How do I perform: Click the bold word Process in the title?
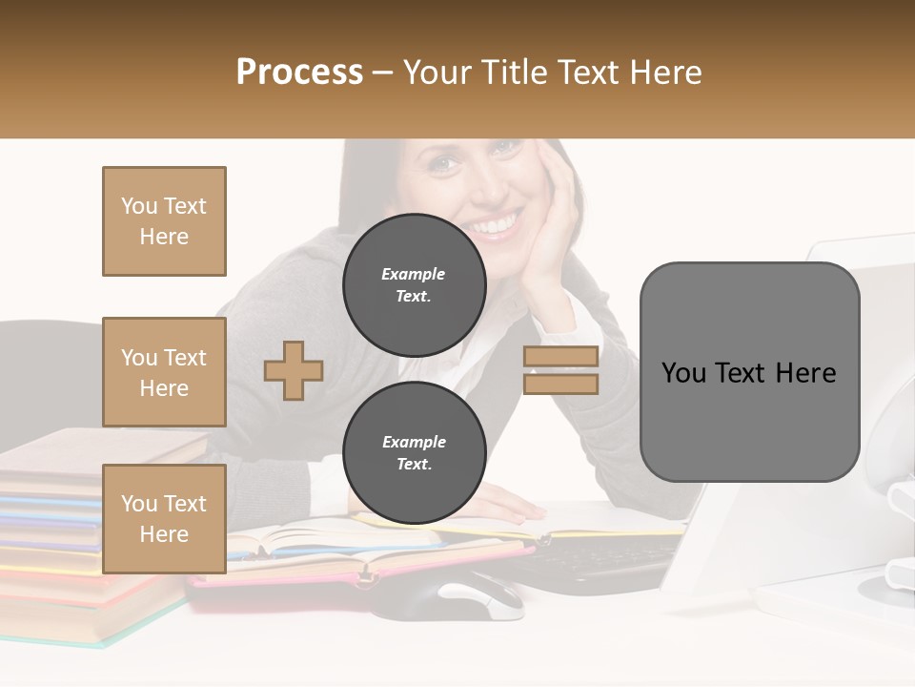coord(299,72)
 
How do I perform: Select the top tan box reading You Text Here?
coord(164,221)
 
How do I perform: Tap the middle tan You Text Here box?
coord(164,372)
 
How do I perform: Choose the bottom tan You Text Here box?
coord(164,518)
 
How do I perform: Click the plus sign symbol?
coord(294,370)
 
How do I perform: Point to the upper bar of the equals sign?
coord(560,356)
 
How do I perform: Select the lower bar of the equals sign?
coord(560,384)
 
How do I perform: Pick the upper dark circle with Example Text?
coord(414,284)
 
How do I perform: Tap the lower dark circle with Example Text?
coord(414,452)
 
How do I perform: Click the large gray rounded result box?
coord(749,372)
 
